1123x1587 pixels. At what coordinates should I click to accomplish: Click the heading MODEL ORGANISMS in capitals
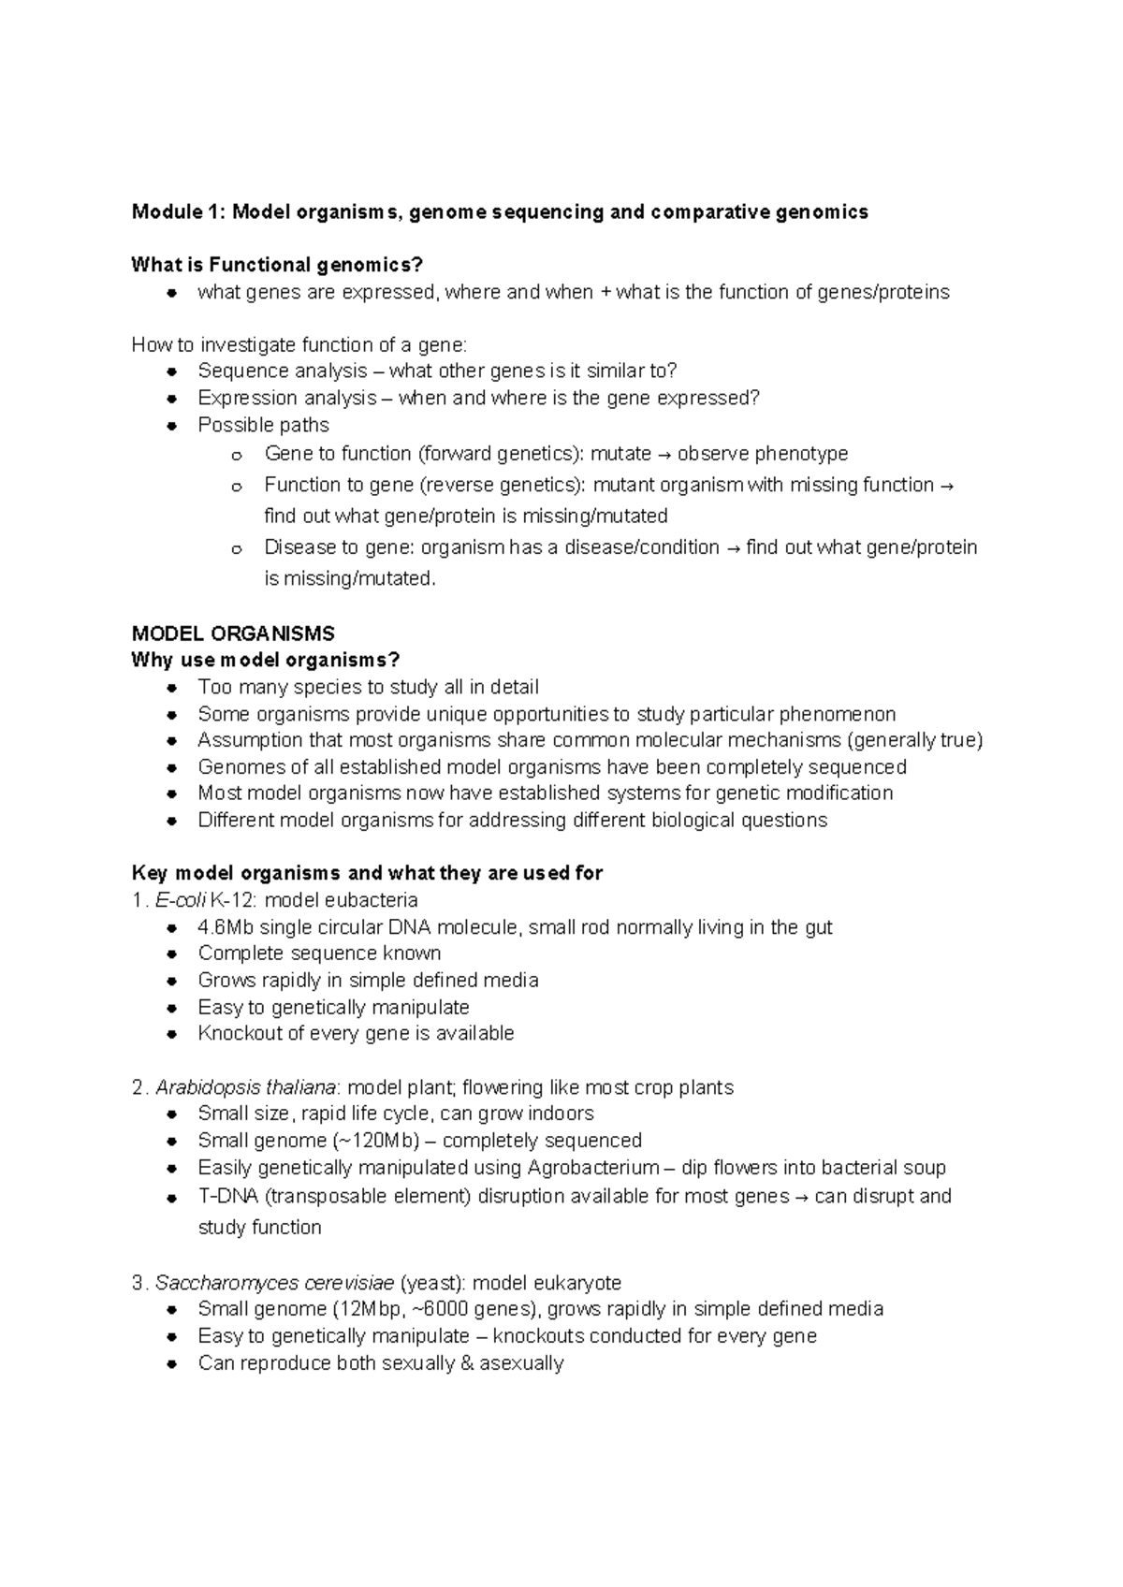tap(233, 633)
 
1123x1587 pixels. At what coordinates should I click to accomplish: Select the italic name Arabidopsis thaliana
tap(245, 1087)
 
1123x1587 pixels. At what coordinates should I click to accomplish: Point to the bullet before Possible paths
tap(171, 426)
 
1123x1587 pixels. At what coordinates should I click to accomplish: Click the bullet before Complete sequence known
tap(171, 954)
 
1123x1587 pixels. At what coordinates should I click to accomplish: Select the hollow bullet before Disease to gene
tap(237, 549)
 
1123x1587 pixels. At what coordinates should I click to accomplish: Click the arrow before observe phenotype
tap(664, 455)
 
